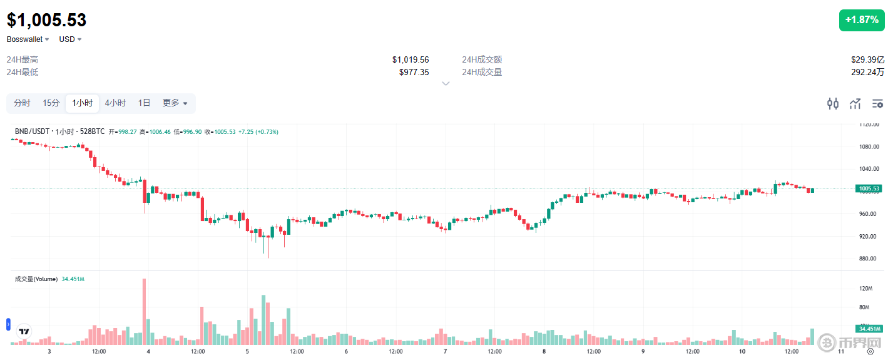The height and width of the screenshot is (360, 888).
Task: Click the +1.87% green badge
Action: [862, 20]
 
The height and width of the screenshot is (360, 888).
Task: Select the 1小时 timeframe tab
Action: [82, 103]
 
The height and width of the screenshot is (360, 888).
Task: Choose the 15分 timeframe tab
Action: [51, 103]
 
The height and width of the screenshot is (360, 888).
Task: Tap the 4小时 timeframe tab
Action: [115, 103]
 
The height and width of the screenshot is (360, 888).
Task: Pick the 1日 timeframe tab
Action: [144, 103]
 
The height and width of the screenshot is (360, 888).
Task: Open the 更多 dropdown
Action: [175, 103]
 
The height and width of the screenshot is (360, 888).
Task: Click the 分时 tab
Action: [22, 103]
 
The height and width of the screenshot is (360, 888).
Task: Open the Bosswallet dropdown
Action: [28, 39]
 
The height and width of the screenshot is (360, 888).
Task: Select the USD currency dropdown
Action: [70, 39]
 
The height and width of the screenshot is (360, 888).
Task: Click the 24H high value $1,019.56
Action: [411, 60]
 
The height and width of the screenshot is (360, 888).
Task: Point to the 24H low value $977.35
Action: [414, 72]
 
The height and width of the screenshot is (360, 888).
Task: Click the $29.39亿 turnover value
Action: [867, 60]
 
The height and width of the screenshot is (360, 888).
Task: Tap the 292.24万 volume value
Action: [867, 72]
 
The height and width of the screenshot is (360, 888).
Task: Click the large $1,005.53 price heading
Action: [47, 20]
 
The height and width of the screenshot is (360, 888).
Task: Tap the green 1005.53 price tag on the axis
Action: [869, 188]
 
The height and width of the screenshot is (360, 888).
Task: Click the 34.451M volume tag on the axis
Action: [869, 329]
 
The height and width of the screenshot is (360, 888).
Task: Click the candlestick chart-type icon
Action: [832, 104]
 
